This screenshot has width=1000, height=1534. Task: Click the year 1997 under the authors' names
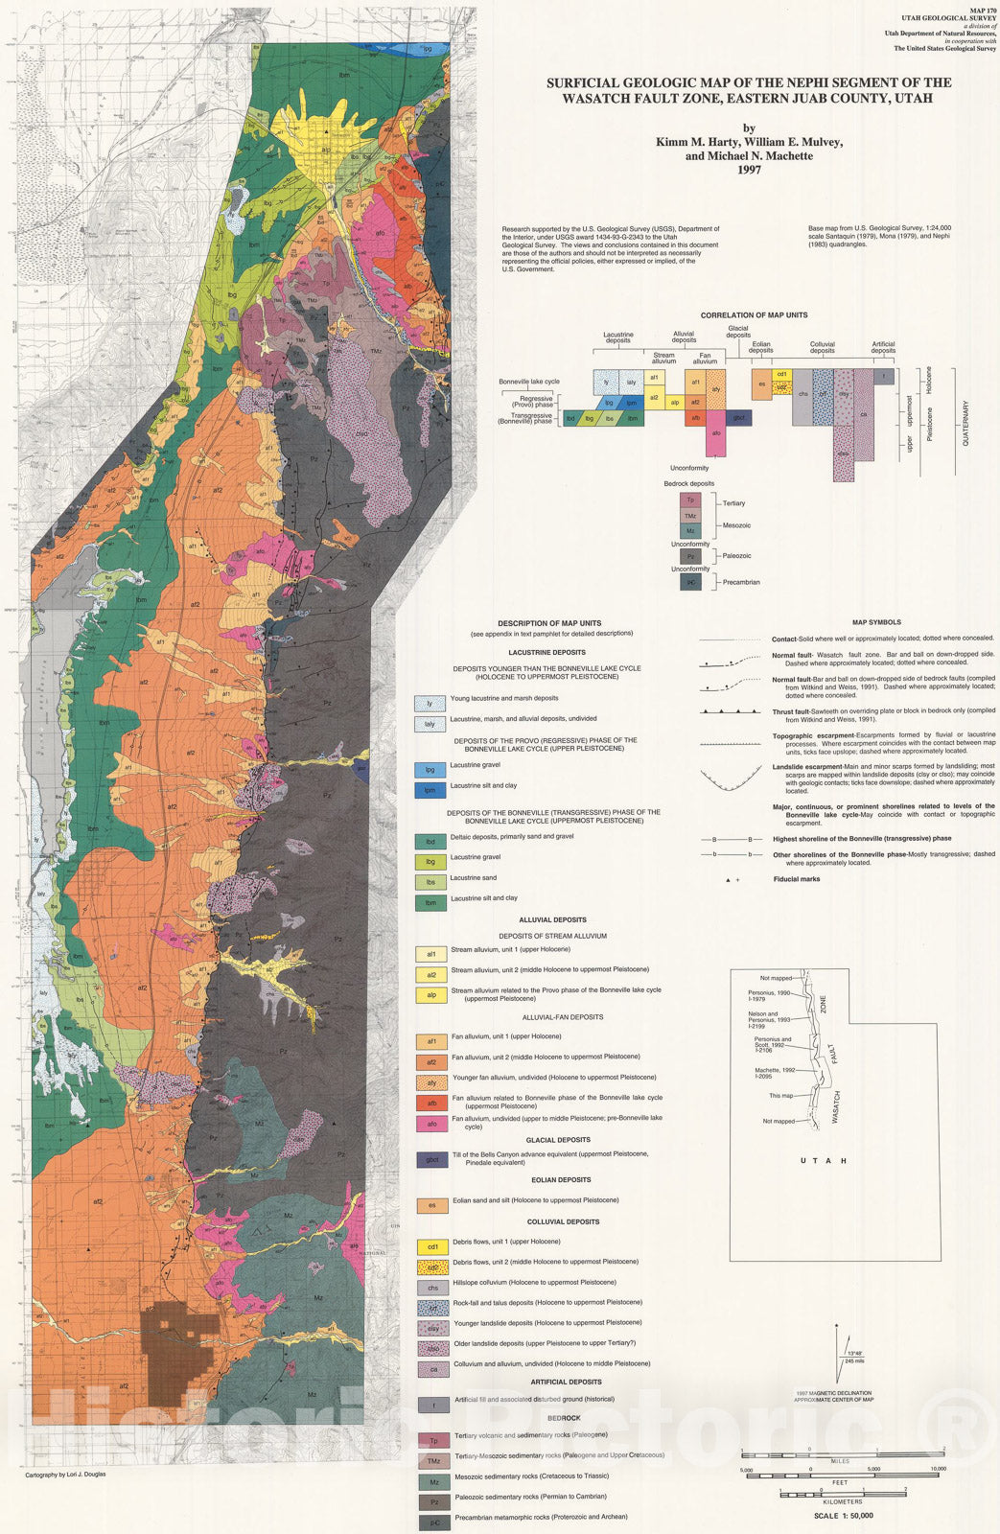point(749,170)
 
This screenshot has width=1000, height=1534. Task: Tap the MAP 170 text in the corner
point(982,9)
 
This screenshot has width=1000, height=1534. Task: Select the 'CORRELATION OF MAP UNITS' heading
point(754,315)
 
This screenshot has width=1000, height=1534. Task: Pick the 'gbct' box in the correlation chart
point(739,418)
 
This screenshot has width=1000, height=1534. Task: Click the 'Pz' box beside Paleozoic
point(690,556)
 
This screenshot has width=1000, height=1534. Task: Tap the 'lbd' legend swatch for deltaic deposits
point(430,842)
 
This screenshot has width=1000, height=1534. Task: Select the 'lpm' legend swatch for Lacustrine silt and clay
point(430,791)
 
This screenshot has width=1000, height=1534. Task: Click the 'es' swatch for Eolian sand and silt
point(432,1206)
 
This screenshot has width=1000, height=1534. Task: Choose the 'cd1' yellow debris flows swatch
point(432,1247)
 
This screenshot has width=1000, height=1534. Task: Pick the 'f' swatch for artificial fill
point(432,1406)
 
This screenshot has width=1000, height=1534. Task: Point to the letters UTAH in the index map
point(824,1161)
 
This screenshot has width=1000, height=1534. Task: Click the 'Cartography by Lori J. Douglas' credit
point(65,1474)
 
